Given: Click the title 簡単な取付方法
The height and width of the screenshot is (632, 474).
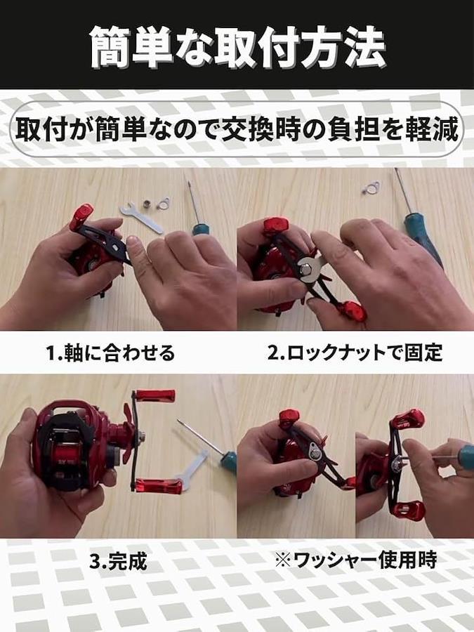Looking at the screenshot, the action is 238,47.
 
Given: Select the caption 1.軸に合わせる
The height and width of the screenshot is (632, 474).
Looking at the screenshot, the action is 110,353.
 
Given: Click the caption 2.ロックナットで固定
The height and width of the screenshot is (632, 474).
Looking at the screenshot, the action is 355,353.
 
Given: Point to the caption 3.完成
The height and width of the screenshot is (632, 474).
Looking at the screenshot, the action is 118,561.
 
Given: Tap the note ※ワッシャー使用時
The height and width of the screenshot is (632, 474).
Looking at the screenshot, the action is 355,560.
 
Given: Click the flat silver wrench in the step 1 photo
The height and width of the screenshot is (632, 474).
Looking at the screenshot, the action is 141,218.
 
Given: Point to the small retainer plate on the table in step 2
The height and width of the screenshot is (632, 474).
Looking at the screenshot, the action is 371,187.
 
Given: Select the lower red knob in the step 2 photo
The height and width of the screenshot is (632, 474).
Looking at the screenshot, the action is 353,311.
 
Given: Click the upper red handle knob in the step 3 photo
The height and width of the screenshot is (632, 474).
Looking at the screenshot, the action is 155,395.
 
